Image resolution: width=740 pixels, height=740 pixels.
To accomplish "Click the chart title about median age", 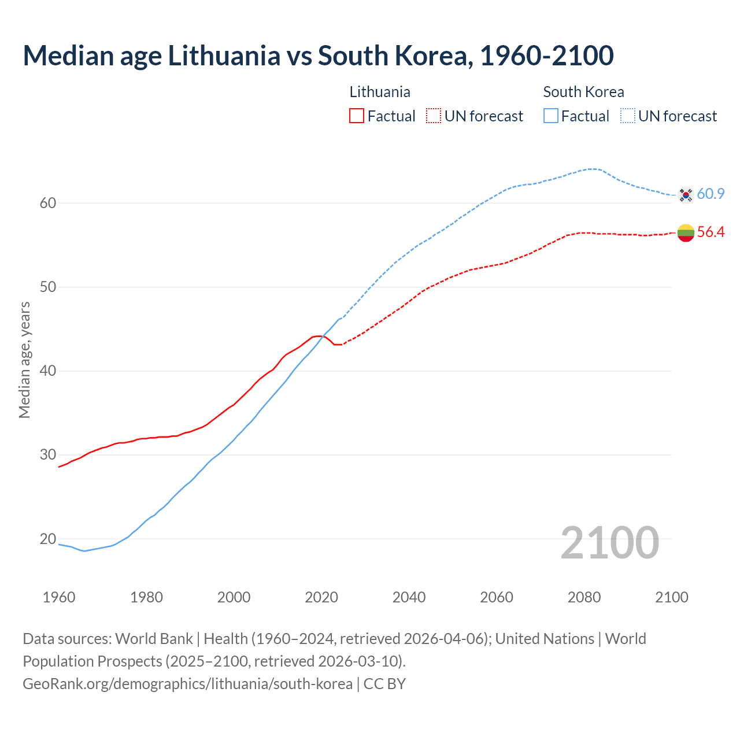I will coord(318,55).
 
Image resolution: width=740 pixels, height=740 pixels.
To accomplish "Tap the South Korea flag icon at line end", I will coord(686,195).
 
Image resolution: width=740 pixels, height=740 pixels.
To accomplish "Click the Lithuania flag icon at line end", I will coord(686,232).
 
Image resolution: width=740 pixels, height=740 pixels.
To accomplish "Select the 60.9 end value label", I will coord(711,194).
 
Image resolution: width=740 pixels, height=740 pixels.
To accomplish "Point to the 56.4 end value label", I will coord(711,232).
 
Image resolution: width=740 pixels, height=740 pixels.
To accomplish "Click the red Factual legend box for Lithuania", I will coord(357,116).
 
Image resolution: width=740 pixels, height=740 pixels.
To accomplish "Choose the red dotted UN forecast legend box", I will coord(434,116).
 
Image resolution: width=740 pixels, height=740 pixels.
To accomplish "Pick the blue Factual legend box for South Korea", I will coord(551,116).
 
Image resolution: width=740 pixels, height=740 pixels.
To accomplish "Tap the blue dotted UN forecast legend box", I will coord(628,116).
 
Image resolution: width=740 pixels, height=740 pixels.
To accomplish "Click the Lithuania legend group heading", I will coord(380,92).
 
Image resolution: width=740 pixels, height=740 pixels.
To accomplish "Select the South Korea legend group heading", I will coord(583,92).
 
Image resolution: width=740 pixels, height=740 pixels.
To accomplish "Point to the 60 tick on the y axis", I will coord(48,203).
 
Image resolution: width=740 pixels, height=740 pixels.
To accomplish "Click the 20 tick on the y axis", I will coord(48,539).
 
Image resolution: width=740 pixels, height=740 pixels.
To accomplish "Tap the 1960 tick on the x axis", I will coord(59,597).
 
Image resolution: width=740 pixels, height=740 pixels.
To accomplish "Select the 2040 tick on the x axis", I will coord(409,597).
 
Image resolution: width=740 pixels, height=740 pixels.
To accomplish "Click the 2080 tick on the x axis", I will coord(584,597).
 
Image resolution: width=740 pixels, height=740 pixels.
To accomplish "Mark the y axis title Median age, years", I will coord(24,360).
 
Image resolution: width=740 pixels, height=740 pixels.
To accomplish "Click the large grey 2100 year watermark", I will coord(609,542).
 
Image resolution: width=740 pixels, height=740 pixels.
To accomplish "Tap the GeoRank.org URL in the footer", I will coord(187,684).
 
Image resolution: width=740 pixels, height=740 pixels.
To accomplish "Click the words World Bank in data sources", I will coord(154,639).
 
